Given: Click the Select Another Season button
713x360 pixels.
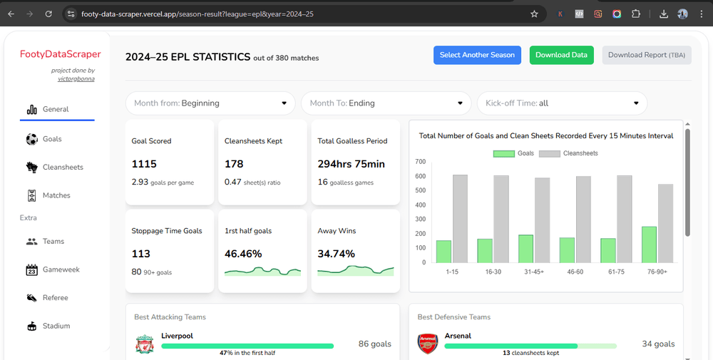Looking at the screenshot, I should [477, 55].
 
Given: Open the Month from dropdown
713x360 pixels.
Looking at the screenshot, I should [210, 103].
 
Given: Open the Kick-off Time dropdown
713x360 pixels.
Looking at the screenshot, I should [562, 103].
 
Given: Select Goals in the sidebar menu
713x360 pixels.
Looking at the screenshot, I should [51, 139].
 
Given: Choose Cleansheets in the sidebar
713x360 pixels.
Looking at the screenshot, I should [62, 167].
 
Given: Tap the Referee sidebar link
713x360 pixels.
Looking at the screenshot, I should [55, 298].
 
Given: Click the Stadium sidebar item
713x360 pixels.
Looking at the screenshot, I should [56, 326].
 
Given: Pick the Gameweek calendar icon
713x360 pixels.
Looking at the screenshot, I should [31, 269].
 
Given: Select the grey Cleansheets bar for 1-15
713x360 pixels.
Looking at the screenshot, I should [460, 218].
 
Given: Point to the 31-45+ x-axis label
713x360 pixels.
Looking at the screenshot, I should [533, 272].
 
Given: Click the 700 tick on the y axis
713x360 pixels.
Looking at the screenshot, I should [420, 162].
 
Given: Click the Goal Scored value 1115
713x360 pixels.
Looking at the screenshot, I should [144, 164].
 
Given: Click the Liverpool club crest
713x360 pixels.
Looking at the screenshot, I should [145, 344].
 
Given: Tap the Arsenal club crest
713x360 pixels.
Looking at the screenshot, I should [427, 344].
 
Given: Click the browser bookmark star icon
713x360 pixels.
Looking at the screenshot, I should [534, 14].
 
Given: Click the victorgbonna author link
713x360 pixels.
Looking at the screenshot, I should [76, 78].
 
